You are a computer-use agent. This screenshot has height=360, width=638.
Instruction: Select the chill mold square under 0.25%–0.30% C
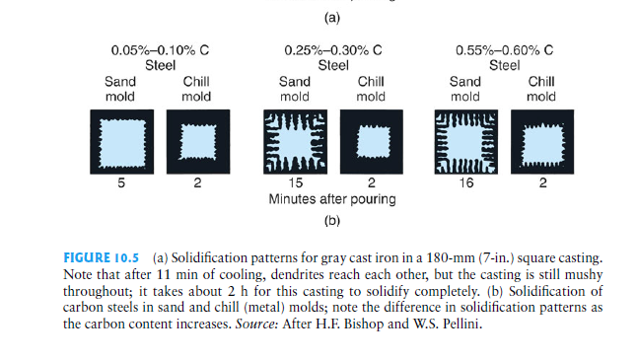pyautogui.click(x=371, y=142)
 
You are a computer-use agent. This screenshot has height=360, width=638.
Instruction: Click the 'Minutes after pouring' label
pyautogui.click(x=332, y=199)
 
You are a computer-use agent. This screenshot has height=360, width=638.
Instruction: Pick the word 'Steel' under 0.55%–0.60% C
pyautogui.click(x=503, y=65)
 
